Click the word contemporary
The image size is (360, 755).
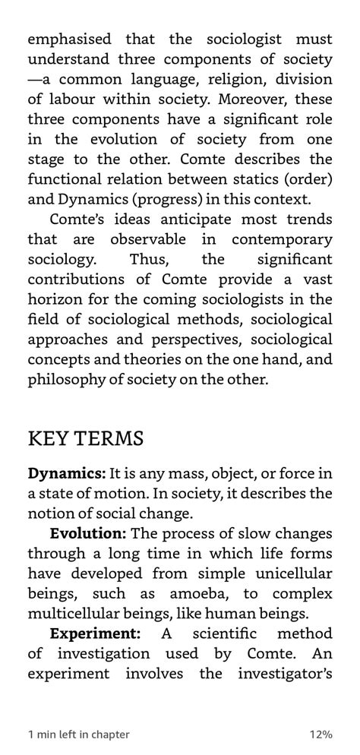[281, 239]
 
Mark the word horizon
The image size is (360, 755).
[52, 299]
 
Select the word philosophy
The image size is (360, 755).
[67, 379]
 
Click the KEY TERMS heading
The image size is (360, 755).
[86, 438]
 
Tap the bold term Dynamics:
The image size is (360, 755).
[67, 473]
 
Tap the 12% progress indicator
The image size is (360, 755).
[320, 734]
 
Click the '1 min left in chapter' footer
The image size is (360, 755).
[79, 734]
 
